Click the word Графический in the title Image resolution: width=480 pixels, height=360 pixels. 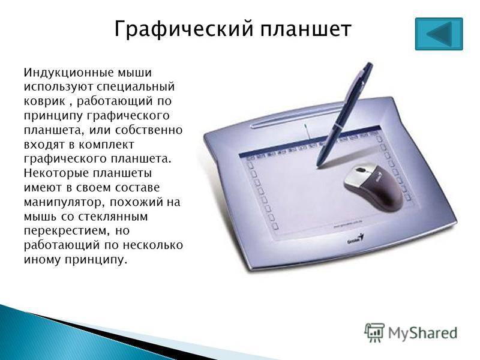[184, 29]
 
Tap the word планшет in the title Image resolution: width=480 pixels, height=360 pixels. [306, 29]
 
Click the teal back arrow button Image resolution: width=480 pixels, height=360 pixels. [439, 34]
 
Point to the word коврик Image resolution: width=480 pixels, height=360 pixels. [44, 101]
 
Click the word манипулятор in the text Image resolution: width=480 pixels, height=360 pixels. [65, 203]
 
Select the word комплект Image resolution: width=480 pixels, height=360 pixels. [106, 145]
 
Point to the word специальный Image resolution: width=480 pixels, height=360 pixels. [136, 87]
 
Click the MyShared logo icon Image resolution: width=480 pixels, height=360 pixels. [374, 332]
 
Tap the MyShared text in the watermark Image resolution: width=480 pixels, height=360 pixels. [423, 333]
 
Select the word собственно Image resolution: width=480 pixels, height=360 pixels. [149, 130]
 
